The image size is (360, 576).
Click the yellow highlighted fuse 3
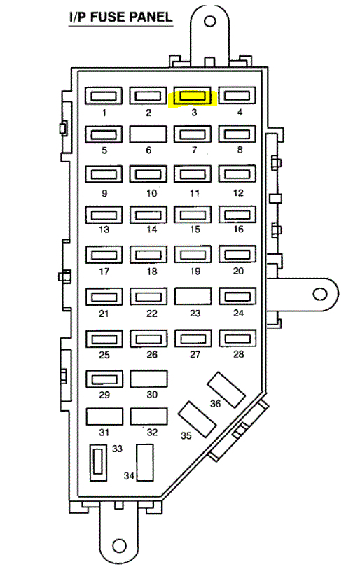point(193,97)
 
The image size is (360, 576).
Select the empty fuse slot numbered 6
point(148,134)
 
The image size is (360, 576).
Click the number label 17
point(104,272)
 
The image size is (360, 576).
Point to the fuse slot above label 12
point(237,174)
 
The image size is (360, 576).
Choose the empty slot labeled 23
point(193,296)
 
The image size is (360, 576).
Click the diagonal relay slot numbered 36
point(226,390)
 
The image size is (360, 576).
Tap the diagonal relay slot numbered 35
point(197,419)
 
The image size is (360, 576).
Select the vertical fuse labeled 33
point(98,463)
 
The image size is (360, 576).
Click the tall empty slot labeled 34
point(145,463)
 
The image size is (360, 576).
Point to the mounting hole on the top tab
point(209,21)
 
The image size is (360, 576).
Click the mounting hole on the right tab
point(319,294)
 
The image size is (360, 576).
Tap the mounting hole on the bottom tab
point(119,545)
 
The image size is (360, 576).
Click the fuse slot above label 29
point(104,379)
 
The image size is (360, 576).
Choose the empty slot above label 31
point(104,416)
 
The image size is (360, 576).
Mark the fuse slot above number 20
point(237,254)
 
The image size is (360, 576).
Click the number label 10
point(151,193)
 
